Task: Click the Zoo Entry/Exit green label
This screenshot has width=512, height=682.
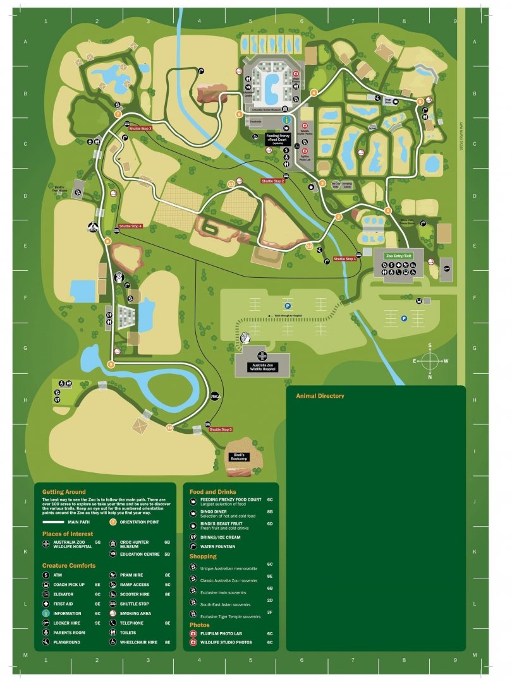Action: point(399,256)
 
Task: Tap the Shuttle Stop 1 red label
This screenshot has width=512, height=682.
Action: point(345,259)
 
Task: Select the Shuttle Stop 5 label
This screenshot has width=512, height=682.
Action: point(221,429)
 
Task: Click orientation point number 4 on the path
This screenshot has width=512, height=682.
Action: point(314,93)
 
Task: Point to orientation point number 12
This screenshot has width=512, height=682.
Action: point(309,246)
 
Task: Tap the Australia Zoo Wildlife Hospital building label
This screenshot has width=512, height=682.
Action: point(262,367)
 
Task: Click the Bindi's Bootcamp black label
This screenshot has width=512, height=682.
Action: point(240,458)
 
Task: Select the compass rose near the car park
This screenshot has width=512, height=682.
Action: point(430,361)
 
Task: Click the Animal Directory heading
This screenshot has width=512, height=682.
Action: point(320,396)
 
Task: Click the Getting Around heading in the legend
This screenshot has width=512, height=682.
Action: point(64,491)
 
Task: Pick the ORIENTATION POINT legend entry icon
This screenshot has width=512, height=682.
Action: point(113,522)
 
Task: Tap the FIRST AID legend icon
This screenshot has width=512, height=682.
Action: point(46,604)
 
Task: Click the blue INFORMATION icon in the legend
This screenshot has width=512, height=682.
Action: point(46,613)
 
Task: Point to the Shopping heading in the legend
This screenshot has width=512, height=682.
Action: point(203,556)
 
